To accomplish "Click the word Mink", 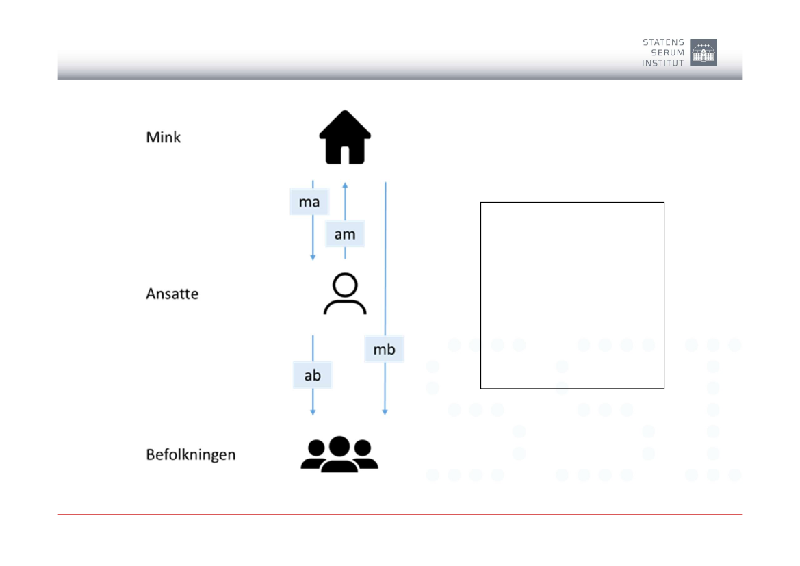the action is pyautogui.click(x=164, y=138).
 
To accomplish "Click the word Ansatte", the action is pyautogui.click(x=172, y=294).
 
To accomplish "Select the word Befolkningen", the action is pyautogui.click(x=191, y=454).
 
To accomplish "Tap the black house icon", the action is pyautogui.click(x=345, y=138).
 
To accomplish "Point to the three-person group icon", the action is pyautogui.click(x=339, y=454).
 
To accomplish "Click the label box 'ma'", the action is pyautogui.click(x=309, y=202).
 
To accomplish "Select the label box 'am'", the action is pyautogui.click(x=345, y=234).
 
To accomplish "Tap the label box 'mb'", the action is pyautogui.click(x=384, y=349).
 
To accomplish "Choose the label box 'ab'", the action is pyautogui.click(x=312, y=375).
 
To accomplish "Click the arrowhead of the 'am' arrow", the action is pyautogui.click(x=345, y=185).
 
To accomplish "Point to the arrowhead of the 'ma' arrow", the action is pyautogui.click(x=313, y=257).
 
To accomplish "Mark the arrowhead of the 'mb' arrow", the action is pyautogui.click(x=385, y=412).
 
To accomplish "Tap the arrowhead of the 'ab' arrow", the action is pyautogui.click(x=313, y=412).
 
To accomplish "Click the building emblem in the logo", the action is pyautogui.click(x=704, y=53).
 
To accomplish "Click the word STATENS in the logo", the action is pyautogui.click(x=663, y=42).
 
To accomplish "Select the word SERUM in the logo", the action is pyautogui.click(x=668, y=53).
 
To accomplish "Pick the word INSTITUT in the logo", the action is pyautogui.click(x=662, y=63).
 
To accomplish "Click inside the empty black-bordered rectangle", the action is pyautogui.click(x=572, y=296).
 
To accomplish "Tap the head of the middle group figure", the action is pyautogui.click(x=339, y=446).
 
